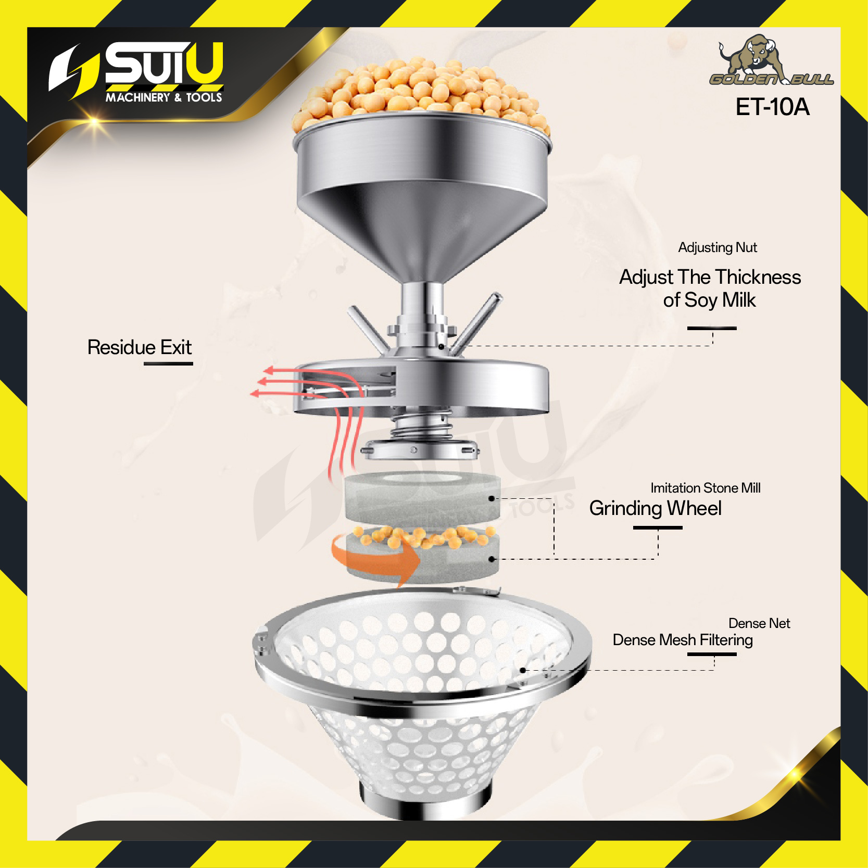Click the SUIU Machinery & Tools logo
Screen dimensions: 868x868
136,72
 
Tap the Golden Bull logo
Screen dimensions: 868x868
771,60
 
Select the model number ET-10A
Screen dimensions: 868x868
772,107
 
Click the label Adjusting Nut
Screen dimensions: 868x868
718,247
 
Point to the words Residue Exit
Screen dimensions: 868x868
140,347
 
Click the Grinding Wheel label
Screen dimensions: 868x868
655,508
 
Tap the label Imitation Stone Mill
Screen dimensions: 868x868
706,488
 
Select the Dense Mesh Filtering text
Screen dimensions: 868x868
683,640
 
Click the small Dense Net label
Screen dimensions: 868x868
759,623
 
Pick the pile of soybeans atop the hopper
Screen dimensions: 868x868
421,91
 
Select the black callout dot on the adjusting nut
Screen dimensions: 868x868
441,346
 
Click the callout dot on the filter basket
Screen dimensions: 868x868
523,670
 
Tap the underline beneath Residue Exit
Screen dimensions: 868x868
168,363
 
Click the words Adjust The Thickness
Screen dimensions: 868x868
710,277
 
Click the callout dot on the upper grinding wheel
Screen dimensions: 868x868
491,498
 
